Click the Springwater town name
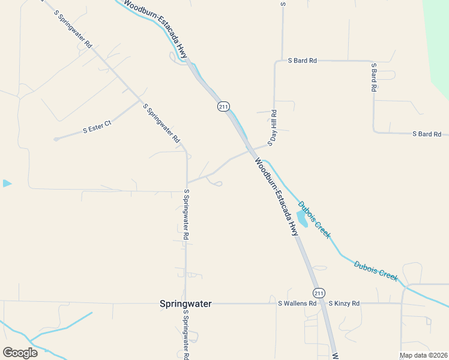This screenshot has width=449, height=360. tap(185, 304)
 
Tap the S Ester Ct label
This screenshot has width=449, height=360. tap(97, 128)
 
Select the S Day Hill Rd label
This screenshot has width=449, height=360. tap(273, 125)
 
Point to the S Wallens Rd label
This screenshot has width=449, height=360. tap(297, 304)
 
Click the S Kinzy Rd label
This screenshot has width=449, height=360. tap(343, 304)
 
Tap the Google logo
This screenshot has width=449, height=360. tap(20, 353)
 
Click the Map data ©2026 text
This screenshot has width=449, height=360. tap(424, 355)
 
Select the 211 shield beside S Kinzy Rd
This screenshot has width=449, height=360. tap(319, 293)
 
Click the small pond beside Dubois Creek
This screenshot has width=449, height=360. tap(302, 220)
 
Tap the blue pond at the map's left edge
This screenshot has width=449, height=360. tap(7, 183)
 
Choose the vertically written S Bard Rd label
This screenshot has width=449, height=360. tap(373, 77)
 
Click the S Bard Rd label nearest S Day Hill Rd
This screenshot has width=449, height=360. tap(302, 61)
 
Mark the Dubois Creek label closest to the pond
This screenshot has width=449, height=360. tap(314, 220)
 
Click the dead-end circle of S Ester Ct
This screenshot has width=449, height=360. tap(55, 139)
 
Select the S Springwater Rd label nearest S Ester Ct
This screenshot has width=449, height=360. tap(161, 122)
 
